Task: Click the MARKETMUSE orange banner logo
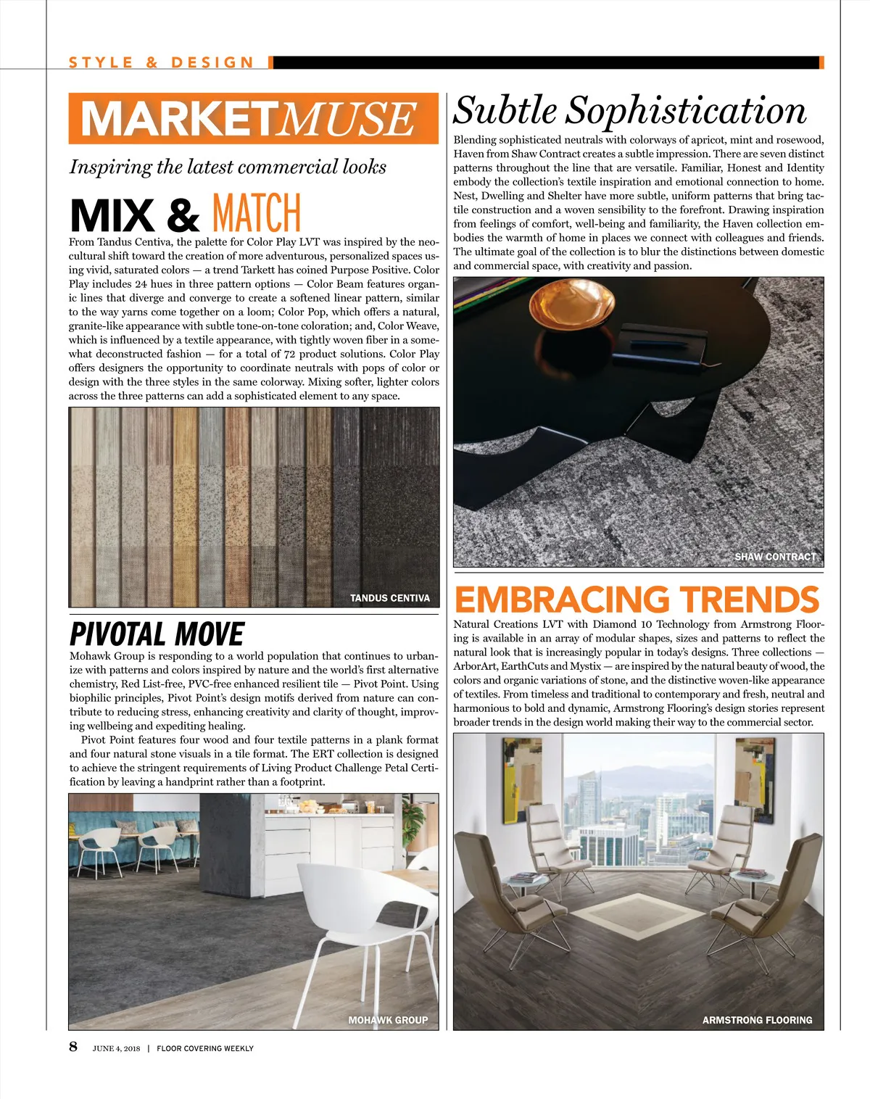253,119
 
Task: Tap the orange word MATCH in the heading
256,213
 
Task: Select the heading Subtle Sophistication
629,111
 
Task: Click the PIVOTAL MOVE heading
157,634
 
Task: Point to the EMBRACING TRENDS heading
637,600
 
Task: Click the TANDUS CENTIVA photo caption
389,598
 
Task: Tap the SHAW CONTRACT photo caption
775,557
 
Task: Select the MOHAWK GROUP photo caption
388,1020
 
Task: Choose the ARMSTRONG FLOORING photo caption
757,1020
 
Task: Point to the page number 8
73,1046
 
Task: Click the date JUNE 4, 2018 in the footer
116,1048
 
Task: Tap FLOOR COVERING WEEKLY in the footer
205,1048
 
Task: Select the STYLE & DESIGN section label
162,63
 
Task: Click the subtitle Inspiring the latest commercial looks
228,167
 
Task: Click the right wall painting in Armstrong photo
754,772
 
